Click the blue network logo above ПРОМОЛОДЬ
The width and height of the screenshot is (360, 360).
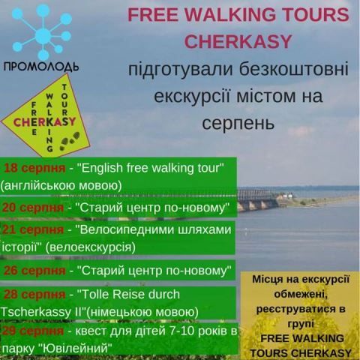click(42, 32)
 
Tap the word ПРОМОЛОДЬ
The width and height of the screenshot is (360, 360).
click(41, 67)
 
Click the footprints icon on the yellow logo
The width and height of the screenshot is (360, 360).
click(70, 141)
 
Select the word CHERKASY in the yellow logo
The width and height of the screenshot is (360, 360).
click(44, 122)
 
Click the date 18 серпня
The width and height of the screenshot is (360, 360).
click(34, 168)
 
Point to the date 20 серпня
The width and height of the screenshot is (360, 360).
click(33, 208)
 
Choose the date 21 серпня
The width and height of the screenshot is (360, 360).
click(33, 229)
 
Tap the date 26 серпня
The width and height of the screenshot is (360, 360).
click(34, 271)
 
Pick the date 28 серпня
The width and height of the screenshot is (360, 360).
click(34, 295)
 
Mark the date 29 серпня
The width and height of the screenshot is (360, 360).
click(33, 331)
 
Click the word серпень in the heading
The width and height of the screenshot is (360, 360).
click(238, 124)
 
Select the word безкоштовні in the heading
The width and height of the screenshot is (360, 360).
click(293, 69)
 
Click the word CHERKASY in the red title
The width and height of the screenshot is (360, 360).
click(238, 41)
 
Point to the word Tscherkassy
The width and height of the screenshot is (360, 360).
click(36, 312)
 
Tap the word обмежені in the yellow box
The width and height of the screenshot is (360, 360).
click(301, 294)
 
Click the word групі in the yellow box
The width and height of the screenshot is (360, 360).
click(301, 325)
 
